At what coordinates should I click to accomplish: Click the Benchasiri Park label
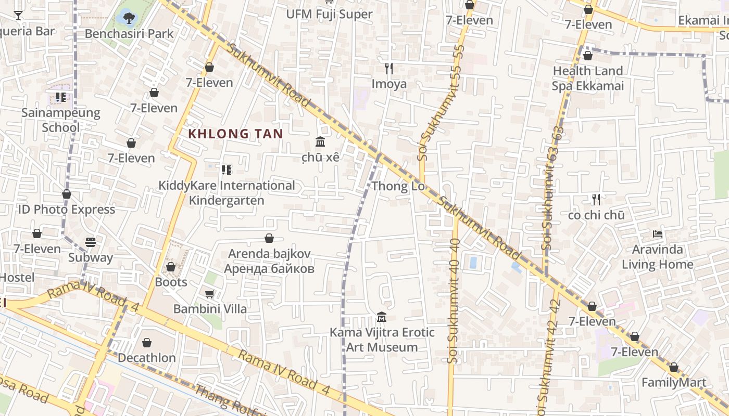[129, 34]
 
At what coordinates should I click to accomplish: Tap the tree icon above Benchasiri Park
[129, 18]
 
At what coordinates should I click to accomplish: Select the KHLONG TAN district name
[235, 134]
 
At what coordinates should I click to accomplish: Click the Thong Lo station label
[398, 186]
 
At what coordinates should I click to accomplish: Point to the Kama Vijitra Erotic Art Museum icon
[382, 317]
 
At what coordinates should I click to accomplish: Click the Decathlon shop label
[146, 358]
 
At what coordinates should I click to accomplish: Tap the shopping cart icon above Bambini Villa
[209, 294]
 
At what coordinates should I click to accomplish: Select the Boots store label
[171, 282]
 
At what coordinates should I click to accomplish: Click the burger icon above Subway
[91, 242]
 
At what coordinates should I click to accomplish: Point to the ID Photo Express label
[66, 210]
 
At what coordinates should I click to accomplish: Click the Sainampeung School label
[60, 120]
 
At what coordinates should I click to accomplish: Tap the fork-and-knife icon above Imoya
[388, 69]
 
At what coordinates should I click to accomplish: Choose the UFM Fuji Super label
[329, 14]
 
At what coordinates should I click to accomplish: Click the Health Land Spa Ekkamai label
[587, 79]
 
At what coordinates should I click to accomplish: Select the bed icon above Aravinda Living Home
[658, 234]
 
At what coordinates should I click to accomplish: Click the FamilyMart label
[673, 383]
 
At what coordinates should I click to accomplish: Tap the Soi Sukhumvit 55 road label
[436, 101]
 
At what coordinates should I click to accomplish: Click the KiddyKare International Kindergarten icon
[226, 170]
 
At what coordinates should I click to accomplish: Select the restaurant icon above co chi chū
[596, 199]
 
